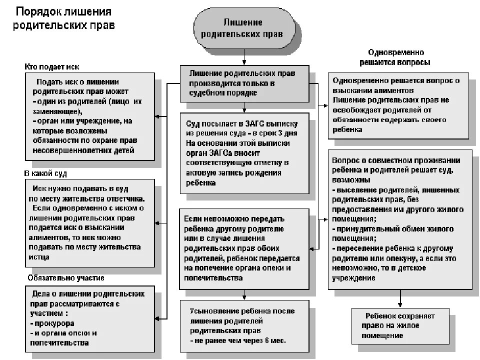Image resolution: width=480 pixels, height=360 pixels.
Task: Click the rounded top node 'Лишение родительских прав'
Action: (244, 28)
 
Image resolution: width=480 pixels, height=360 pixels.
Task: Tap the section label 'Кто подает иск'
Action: (52, 66)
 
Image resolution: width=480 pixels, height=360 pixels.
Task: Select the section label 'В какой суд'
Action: (45, 173)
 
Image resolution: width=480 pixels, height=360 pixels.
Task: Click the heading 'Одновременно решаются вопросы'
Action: (395, 57)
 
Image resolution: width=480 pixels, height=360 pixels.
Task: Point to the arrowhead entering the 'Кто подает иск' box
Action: (158, 116)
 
